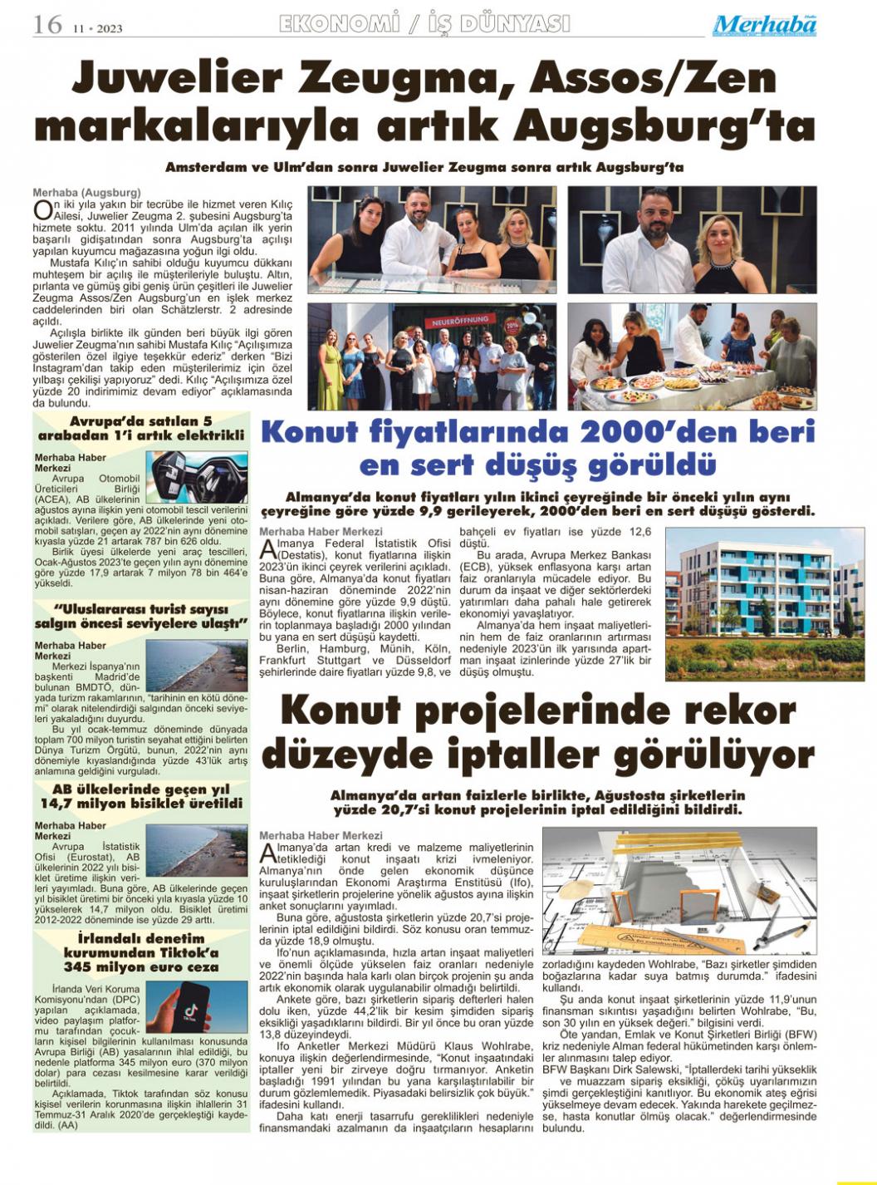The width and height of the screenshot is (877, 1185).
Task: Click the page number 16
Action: point(47,25)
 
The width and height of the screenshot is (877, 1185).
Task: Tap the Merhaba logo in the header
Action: point(764,26)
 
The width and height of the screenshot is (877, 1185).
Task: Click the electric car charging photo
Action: point(197,476)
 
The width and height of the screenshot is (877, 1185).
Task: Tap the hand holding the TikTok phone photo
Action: point(197,1006)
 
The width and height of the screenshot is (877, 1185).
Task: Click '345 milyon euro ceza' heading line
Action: point(141,966)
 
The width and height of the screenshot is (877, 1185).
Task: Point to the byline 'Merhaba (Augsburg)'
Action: point(86,192)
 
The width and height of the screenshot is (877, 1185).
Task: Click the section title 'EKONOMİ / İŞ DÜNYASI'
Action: point(424,24)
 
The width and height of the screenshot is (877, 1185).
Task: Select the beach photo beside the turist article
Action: point(197,664)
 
